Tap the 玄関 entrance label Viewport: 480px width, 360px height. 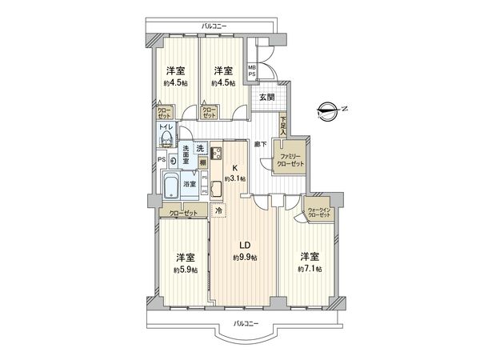click(x=266, y=97)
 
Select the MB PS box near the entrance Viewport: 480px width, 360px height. click(x=251, y=70)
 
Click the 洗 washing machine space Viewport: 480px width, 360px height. click(x=201, y=149)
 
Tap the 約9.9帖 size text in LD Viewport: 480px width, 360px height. click(x=244, y=258)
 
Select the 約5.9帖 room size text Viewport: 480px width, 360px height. click(x=186, y=270)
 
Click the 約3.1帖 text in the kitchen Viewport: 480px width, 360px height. click(x=237, y=178)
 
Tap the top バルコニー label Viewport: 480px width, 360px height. click(x=213, y=26)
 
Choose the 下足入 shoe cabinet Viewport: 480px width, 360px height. click(x=284, y=124)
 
